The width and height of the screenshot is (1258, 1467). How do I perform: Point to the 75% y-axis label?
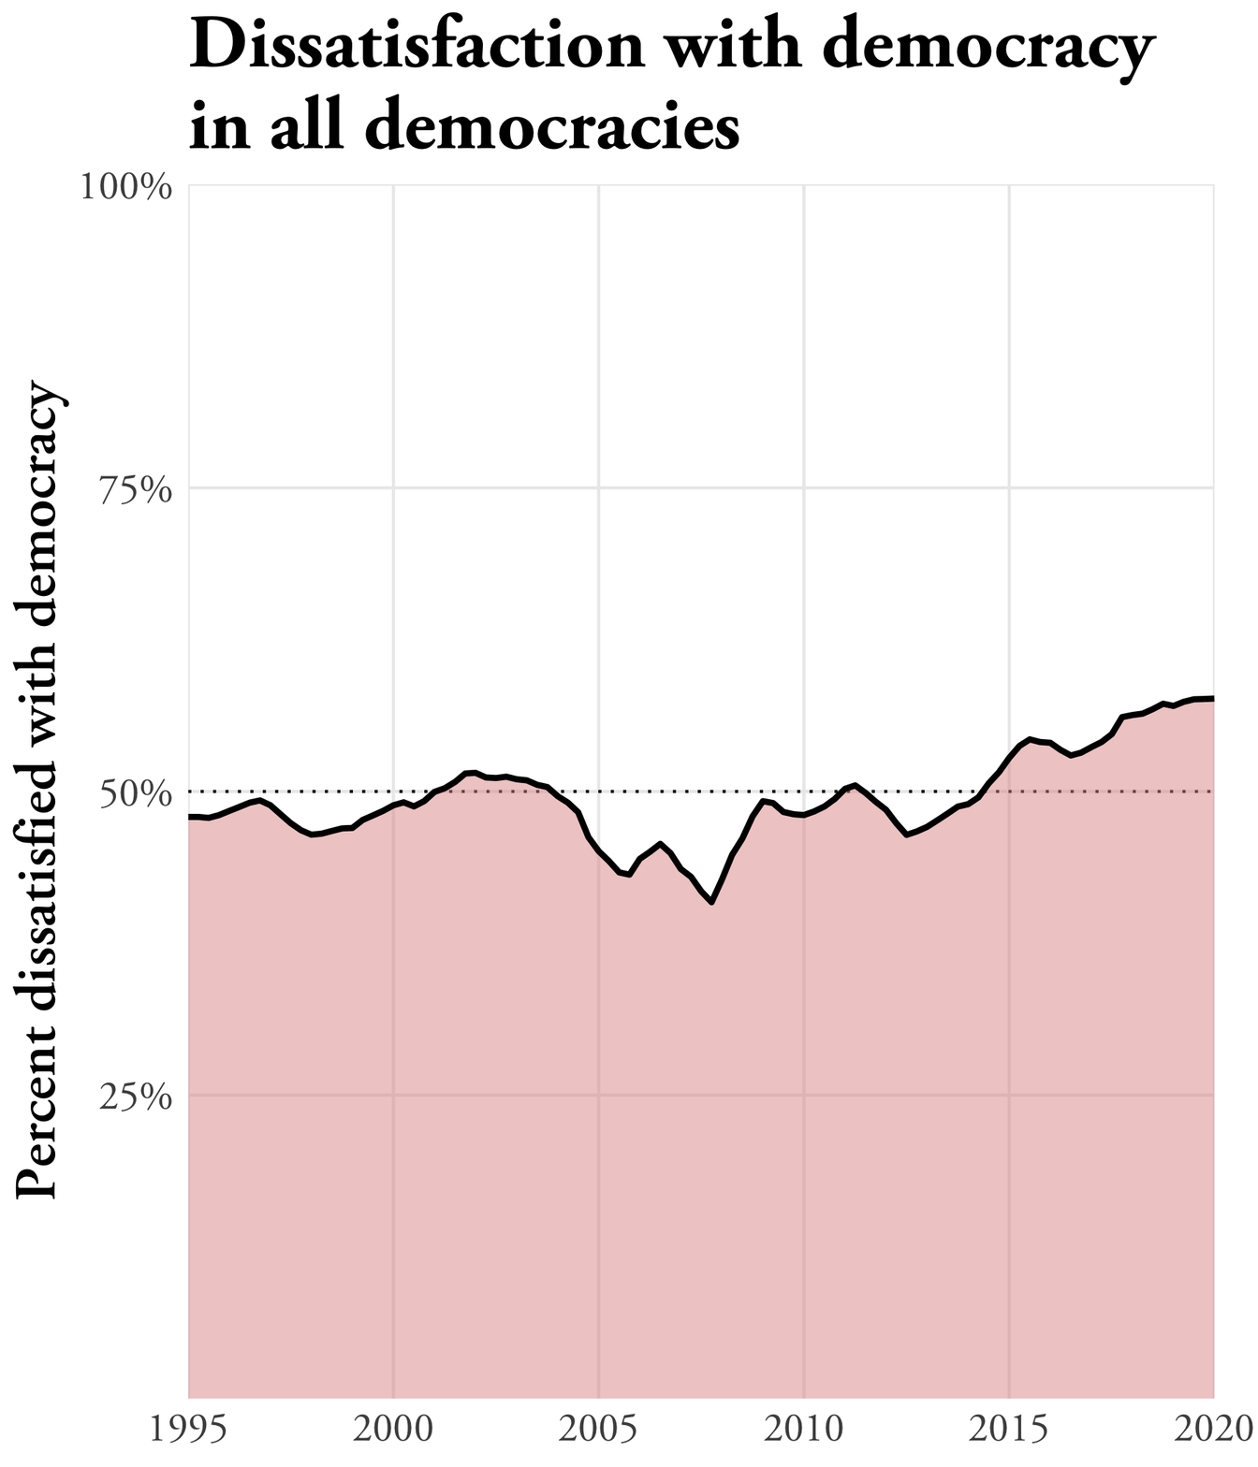[x=137, y=489]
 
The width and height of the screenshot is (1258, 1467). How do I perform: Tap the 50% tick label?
[x=137, y=792]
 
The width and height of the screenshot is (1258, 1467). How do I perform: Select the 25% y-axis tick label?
[x=137, y=1096]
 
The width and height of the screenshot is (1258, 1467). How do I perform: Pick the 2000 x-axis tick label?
[x=394, y=1431]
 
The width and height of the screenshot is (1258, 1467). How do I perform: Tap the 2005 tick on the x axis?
[x=599, y=1431]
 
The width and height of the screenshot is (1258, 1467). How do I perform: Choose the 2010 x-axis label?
[x=804, y=1431]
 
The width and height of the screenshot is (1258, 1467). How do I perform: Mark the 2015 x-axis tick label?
[x=1009, y=1431]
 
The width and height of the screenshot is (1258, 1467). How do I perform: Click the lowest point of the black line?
[x=712, y=902]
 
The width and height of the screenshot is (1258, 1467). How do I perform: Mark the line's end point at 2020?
[x=1213, y=699]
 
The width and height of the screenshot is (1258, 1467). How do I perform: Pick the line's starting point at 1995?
[x=191, y=817]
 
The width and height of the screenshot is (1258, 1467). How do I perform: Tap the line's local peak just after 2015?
[x=1030, y=739]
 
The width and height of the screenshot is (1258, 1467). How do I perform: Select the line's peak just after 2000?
[x=474, y=772]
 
